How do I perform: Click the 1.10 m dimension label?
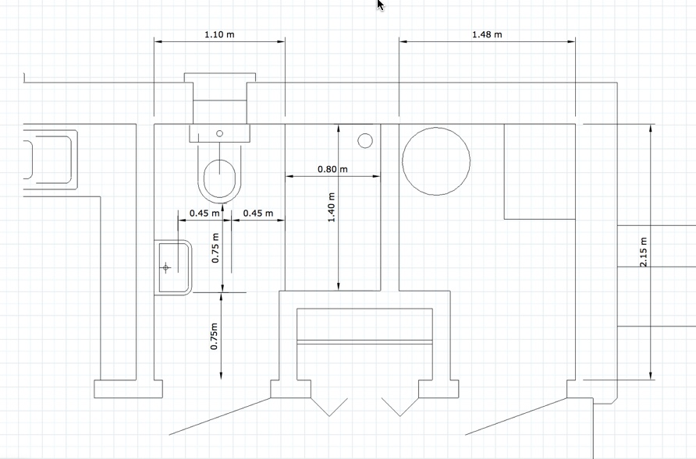click(219, 34)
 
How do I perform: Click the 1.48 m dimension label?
click(487, 34)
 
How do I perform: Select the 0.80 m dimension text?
click(333, 169)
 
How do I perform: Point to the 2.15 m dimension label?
click(644, 252)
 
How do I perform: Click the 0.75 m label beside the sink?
click(215, 248)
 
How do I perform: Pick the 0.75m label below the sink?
click(214, 336)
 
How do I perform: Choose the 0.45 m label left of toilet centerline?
click(204, 214)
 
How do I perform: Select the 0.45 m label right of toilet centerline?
click(258, 214)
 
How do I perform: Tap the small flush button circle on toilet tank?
click(219, 133)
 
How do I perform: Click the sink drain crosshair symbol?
click(165, 267)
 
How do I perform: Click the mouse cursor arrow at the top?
click(381, 5)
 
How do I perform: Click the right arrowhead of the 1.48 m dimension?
click(572, 41)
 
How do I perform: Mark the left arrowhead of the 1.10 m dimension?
click(158, 41)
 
